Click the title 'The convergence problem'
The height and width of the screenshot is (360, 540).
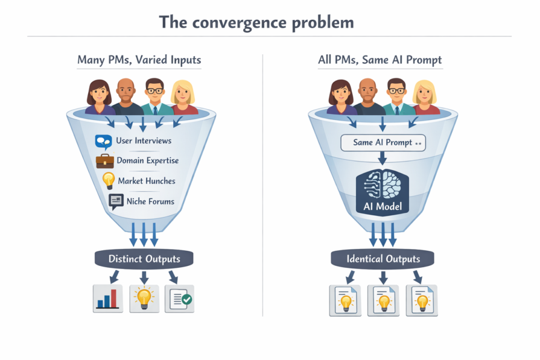pyautogui.click(x=256, y=22)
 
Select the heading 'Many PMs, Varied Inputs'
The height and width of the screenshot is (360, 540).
pyautogui.click(x=139, y=60)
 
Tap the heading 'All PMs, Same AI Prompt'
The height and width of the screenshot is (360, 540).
pyautogui.click(x=380, y=60)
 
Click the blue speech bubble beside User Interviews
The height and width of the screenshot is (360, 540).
pyautogui.click(x=104, y=142)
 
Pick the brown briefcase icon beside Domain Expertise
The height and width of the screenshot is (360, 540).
pyautogui.click(x=104, y=161)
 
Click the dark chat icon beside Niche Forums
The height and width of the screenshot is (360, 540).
pyautogui.click(x=116, y=201)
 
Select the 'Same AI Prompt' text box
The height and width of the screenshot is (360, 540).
pyautogui.click(x=382, y=143)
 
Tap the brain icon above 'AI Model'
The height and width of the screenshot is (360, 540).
pyautogui.click(x=382, y=185)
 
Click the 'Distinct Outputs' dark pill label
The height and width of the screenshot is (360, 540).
pyautogui.click(x=144, y=259)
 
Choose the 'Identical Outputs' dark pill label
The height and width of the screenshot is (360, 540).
pyautogui.click(x=383, y=259)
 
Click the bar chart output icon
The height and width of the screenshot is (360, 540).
pyautogui.click(x=108, y=298)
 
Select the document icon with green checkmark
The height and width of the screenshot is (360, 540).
pyautogui.click(x=180, y=298)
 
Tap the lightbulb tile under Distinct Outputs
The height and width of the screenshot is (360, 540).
pyautogui.click(x=144, y=298)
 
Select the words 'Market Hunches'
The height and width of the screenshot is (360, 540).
pyautogui.click(x=147, y=181)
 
